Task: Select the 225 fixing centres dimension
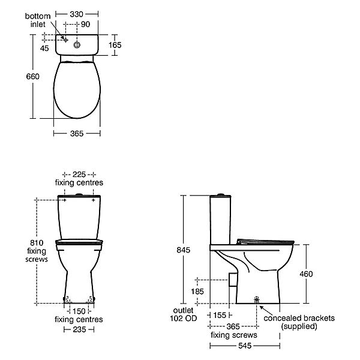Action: (x=79, y=173)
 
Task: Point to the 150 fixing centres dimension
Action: (x=79, y=311)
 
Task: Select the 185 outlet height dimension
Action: (x=196, y=291)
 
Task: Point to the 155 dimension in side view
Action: (x=220, y=314)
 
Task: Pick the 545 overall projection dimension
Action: (x=244, y=346)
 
